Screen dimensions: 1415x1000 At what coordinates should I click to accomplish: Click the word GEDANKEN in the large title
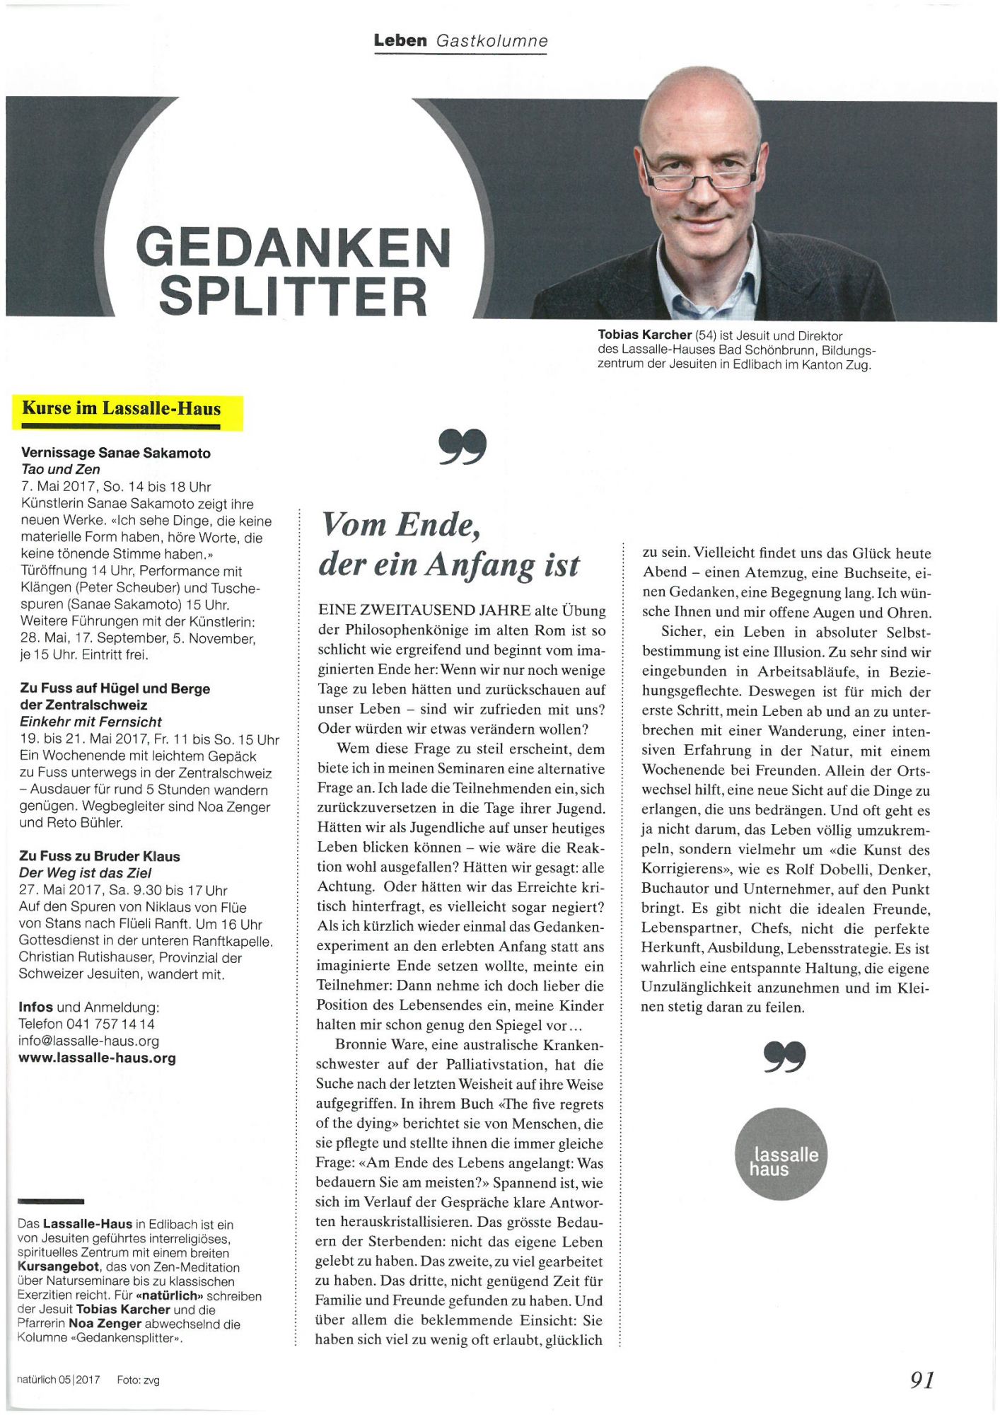click(x=293, y=248)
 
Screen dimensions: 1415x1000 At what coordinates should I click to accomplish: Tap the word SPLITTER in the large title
click(x=293, y=296)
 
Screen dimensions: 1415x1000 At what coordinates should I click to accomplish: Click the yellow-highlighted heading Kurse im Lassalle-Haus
click(x=122, y=409)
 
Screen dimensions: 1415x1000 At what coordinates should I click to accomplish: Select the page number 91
click(x=922, y=1379)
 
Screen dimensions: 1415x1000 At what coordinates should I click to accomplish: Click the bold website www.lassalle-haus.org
click(x=97, y=1058)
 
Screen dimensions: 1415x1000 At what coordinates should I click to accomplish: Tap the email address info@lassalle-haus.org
click(x=88, y=1041)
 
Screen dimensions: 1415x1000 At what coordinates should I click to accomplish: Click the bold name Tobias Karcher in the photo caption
click(x=644, y=335)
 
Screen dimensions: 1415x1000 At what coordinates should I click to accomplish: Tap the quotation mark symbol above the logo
click(x=784, y=1056)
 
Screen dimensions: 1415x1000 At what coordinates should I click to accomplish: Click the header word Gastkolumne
click(x=492, y=40)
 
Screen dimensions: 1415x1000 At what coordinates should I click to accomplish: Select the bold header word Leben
click(x=400, y=40)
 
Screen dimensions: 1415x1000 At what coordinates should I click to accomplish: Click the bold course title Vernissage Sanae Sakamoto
click(x=116, y=453)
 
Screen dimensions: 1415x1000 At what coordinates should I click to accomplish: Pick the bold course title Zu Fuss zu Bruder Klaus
click(x=100, y=856)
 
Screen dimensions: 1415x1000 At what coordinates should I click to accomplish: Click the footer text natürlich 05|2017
click(x=59, y=1380)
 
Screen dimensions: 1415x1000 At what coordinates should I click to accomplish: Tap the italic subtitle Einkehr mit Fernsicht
click(x=91, y=722)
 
